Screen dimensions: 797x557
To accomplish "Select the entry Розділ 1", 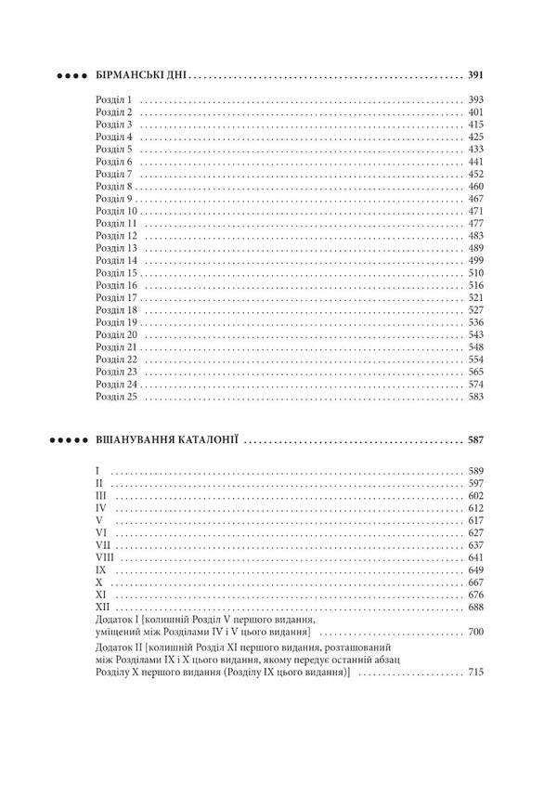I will tap(115, 99).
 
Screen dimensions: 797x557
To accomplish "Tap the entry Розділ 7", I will tap(115, 174).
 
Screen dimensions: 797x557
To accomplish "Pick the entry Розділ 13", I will tap(117, 248).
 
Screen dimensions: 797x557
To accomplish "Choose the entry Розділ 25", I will tap(117, 397).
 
